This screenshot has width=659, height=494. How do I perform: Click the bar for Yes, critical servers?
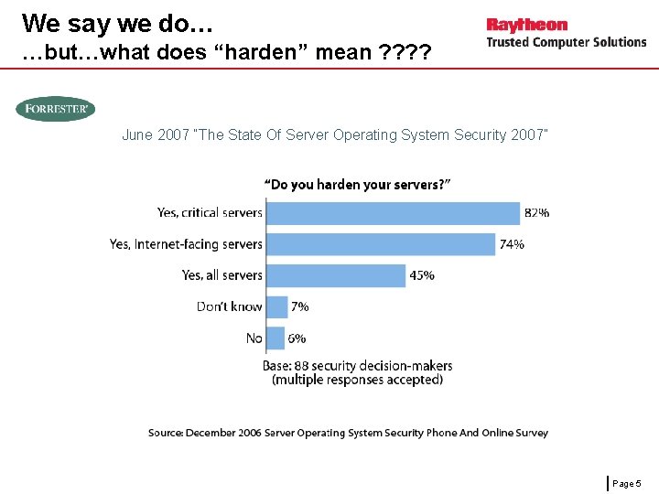pos(392,213)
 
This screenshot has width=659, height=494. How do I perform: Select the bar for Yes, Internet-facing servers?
pos(380,244)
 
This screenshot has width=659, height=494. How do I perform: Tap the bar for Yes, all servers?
pos(335,275)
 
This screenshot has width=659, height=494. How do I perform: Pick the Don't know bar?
pos(276,306)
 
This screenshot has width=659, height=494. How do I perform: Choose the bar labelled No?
pos(275,338)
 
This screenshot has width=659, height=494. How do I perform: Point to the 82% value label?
pos(536,213)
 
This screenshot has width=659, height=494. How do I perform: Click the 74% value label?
pos(512,244)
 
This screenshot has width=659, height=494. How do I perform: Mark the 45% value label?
pos(422,275)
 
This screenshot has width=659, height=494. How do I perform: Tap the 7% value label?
pos(299,306)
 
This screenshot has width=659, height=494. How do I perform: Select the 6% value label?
pos(297,338)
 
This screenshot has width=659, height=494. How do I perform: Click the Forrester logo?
pos(55,109)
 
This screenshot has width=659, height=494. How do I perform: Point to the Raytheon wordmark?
pos(527,25)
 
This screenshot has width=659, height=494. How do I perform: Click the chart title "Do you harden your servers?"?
pos(357,185)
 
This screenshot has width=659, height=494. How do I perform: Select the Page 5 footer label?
pos(628,482)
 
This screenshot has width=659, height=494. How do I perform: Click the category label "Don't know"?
pos(229,306)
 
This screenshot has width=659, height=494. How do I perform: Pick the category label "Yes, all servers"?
pos(221,275)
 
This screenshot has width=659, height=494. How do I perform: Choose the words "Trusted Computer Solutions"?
pos(566,42)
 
